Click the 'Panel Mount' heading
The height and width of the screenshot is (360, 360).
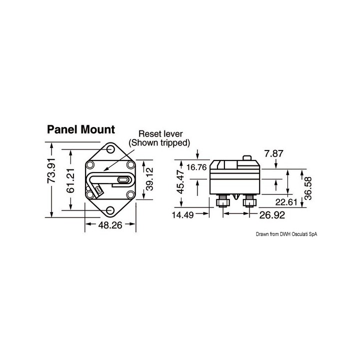[80, 129]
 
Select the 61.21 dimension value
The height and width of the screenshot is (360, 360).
[71, 181]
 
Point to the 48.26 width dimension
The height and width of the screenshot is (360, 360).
[110, 225]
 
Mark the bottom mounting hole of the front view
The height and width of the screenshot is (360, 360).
[110, 210]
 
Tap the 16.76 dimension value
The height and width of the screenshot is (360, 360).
[196, 167]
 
